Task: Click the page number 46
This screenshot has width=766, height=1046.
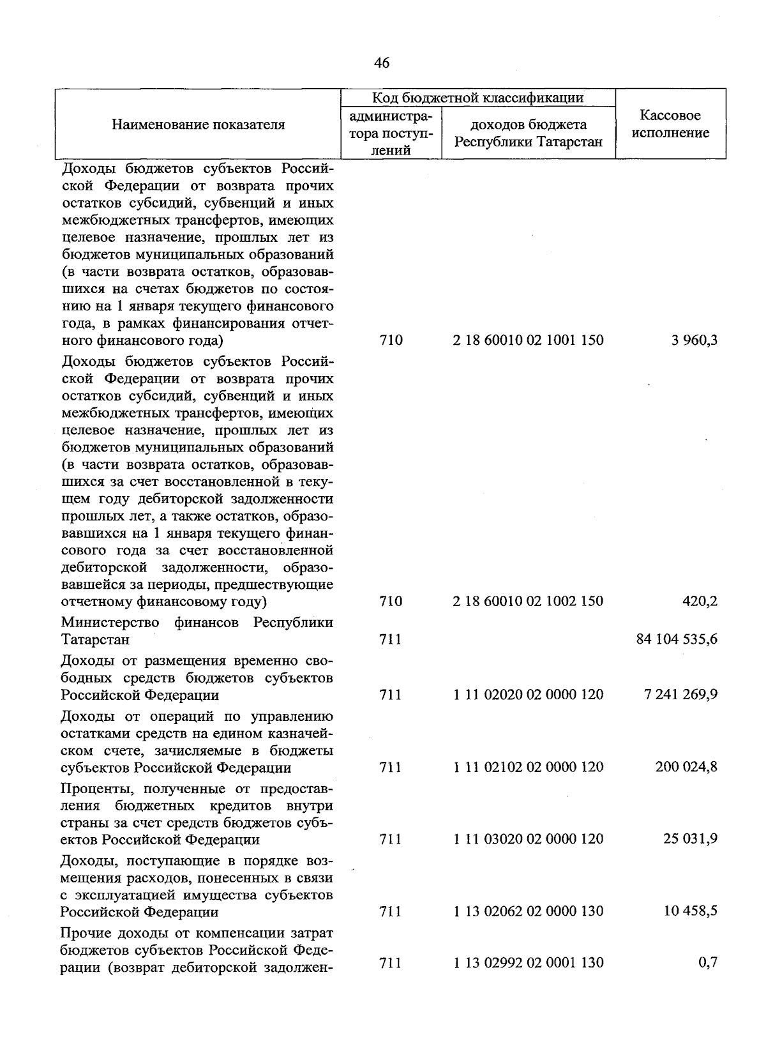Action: click(382, 63)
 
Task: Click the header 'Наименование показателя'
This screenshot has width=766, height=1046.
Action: click(199, 125)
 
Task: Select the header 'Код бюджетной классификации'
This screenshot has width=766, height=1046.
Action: click(478, 98)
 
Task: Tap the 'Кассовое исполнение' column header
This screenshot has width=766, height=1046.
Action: click(670, 125)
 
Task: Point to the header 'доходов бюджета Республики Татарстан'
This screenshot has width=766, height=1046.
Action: click(529, 133)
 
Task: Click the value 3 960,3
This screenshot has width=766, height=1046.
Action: click(694, 340)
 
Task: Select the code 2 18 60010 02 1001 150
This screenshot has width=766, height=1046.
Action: click(529, 340)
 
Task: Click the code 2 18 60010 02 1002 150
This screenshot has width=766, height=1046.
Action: click(529, 601)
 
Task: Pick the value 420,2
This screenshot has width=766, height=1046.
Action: click(700, 601)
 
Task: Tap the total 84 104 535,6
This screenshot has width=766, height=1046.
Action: click(677, 639)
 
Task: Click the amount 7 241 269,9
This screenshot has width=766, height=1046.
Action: click(681, 694)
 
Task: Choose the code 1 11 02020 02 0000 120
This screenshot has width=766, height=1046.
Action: click(529, 694)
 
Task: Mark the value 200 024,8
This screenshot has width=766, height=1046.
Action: click(686, 766)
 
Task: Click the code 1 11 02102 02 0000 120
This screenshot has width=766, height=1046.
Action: click(529, 766)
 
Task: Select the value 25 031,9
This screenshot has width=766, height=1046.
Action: click(690, 838)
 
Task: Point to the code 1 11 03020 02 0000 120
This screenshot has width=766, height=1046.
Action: click(529, 838)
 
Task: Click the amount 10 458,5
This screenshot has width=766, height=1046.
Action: click(690, 911)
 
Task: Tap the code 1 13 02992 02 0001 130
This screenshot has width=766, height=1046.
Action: click(529, 962)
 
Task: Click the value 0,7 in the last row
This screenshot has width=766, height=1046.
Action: click(708, 962)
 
